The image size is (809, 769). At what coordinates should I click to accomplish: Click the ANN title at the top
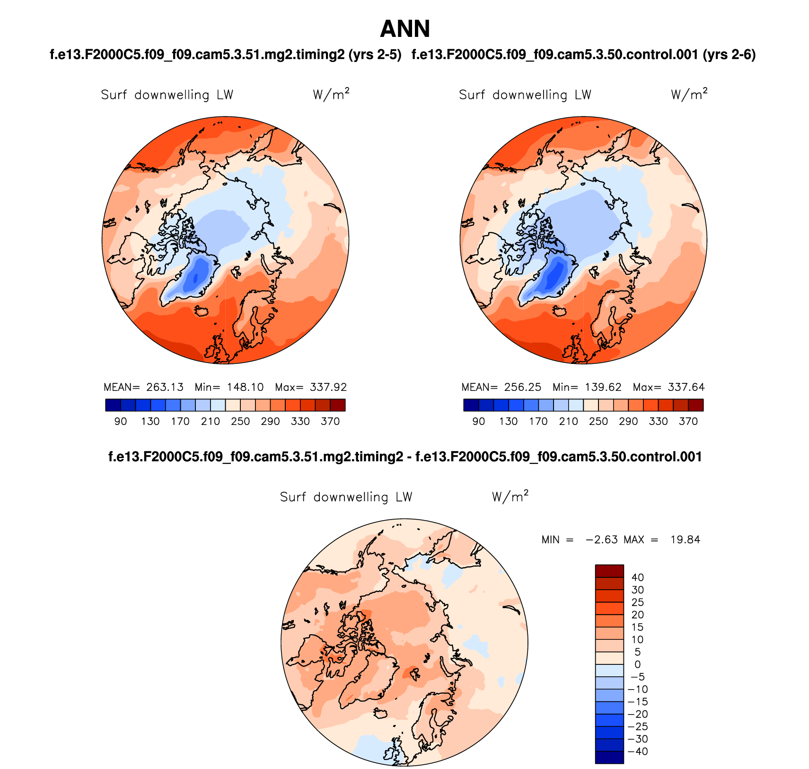(404, 29)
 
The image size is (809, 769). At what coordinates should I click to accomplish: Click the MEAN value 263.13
(165, 387)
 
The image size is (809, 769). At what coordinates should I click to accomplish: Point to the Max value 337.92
(328, 387)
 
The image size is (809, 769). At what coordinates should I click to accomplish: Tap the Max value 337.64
(686, 387)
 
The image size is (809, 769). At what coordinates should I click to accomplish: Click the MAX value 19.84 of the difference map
(685, 539)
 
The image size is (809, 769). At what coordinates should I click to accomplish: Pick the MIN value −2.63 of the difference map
(602, 539)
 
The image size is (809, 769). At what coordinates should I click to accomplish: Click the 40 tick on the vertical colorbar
(637, 577)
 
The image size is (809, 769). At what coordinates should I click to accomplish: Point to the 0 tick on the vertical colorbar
(637, 664)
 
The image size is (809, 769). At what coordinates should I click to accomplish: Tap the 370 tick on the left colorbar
(330, 421)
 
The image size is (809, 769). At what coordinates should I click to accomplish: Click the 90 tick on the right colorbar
(478, 421)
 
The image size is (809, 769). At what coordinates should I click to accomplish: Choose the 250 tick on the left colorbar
(240, 421)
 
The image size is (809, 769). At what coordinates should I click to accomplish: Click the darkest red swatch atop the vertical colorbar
(609, 571)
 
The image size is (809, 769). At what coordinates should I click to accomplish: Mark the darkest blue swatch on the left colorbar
(113, 405)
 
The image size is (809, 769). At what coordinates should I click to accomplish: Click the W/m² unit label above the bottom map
(510, 497)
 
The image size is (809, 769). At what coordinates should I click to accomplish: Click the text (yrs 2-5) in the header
(375, 55)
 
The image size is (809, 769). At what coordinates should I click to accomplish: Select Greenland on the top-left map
(192, 279)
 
